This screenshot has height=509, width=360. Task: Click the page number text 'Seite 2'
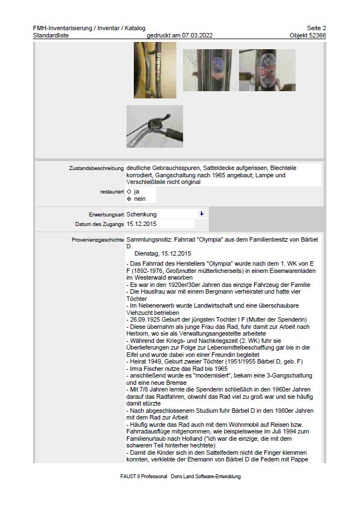pos(316,28)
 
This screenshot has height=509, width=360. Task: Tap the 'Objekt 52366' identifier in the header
pos(307,35)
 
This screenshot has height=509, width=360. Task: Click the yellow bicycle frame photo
pos(147,70)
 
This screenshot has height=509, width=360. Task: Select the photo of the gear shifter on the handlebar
pos(155,126)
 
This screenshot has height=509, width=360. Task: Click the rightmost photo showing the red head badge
pos(267,70)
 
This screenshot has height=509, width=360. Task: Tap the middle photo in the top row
pos(207,70)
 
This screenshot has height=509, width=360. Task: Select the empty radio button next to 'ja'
pos(129,191)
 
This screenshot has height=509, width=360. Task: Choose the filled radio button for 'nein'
pos(129,199)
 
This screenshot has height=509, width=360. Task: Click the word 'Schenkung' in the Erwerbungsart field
pos(142,214)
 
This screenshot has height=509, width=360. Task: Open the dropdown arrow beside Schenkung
pos(202,214)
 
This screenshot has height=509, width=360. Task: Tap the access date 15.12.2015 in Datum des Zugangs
pos(142,224)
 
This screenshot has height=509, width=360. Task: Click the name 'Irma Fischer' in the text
pos(147,369)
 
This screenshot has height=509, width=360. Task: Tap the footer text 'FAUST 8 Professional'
pos(144,477)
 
